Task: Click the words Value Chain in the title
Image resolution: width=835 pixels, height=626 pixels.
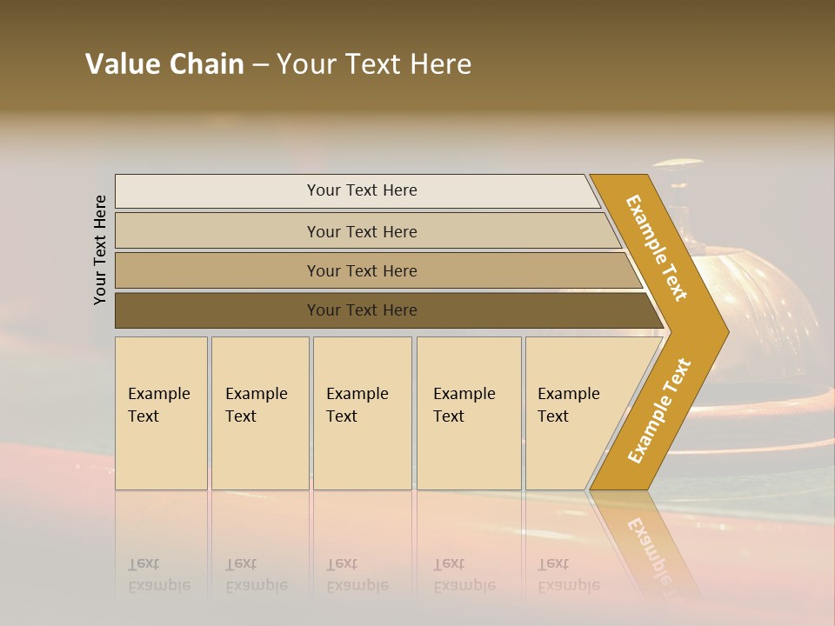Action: click(164, 64)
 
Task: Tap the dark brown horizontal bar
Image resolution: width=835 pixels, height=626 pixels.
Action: click(217, 310)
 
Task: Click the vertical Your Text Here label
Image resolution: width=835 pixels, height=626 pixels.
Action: click(100, 250)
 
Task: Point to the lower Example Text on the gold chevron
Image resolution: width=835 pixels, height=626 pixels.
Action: click(659, 410)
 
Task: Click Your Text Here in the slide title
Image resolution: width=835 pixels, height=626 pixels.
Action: click(374, 64)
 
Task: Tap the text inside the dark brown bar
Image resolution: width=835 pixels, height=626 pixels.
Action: click(362, 310)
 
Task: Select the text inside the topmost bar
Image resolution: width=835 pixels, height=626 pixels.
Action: click(362, 190)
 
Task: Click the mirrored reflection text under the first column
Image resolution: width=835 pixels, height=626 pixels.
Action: click(158, 575)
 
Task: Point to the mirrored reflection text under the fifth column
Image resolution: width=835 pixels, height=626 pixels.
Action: click(568, 575)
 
